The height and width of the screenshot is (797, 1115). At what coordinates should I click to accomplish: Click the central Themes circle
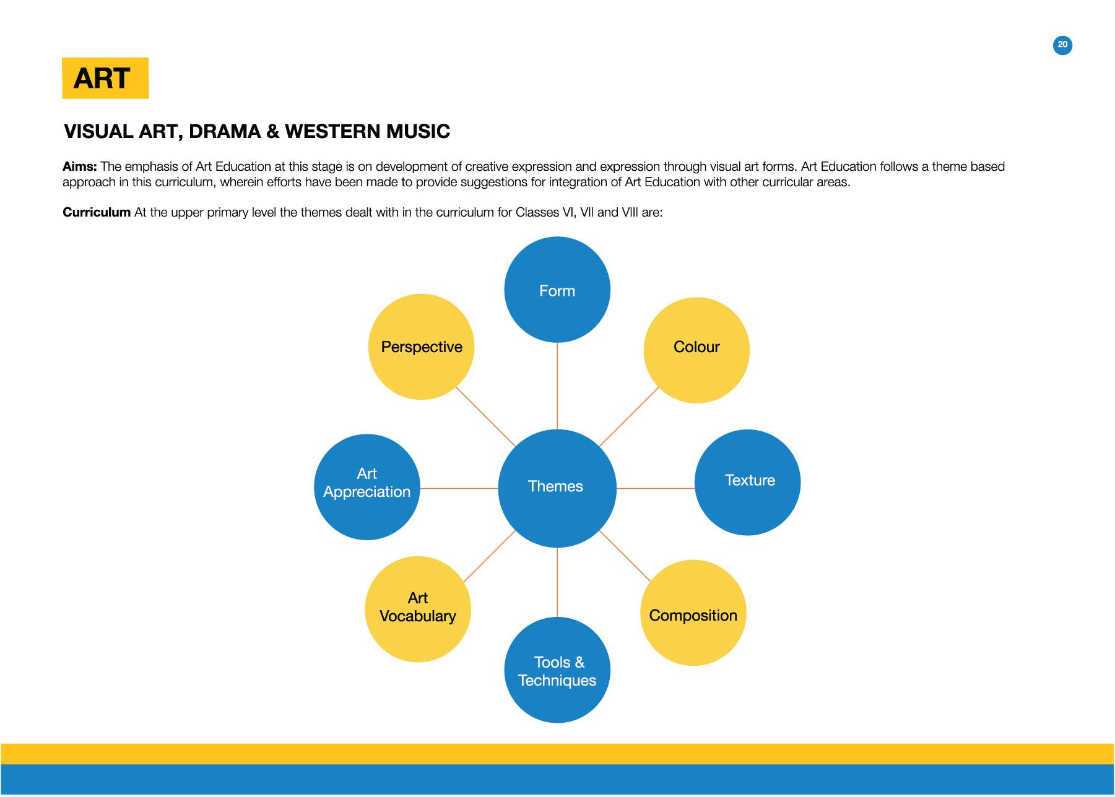(557, 488)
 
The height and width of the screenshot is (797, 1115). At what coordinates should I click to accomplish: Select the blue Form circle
(557, 290)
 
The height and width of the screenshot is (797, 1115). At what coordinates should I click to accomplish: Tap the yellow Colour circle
(696, 350)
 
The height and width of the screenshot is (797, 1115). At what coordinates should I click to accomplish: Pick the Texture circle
(747, 482)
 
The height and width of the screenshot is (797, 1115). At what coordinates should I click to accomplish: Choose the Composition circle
(692, 613)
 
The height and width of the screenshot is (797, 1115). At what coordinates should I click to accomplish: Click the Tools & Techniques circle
(557, 670)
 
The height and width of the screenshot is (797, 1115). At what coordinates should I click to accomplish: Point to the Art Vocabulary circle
(417, 609)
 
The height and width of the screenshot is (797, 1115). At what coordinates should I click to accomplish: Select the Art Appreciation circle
(367, 486)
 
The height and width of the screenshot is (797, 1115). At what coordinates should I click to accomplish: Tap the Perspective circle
(421, 347)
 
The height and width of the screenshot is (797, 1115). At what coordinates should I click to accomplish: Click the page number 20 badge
(1062, 45)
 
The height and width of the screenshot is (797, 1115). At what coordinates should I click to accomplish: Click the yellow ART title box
(105, 78)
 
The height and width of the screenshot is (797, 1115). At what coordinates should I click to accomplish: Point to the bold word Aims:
(79, 166)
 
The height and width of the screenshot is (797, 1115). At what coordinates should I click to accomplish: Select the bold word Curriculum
(96, 212)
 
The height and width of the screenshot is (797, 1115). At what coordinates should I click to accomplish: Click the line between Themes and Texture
(655, 488)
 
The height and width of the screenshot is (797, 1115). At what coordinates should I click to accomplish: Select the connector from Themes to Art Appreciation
(459, 488)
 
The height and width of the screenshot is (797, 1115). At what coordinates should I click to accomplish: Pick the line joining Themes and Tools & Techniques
(557, 582)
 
